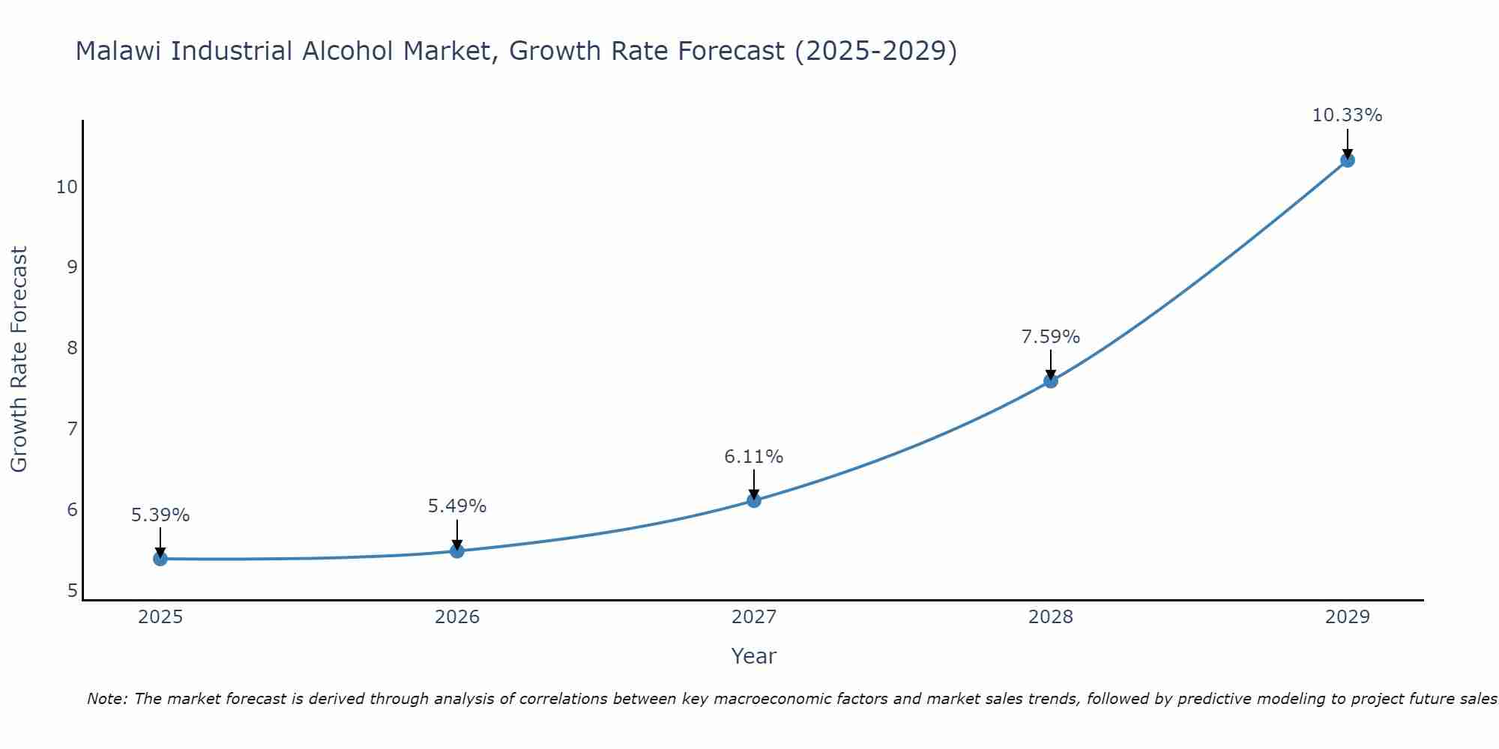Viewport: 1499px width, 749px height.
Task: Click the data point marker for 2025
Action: click(160, 559)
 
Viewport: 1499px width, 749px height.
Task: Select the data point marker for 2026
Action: click(457, 551)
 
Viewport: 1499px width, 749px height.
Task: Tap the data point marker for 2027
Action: click(754, 500)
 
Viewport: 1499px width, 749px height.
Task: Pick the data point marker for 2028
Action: click(1051, 381)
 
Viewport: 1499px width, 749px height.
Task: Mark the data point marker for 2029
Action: click(1348, 160)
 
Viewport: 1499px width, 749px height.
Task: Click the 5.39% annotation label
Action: click(160, 515)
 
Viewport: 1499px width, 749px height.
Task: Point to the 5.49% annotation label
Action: click(457, 506)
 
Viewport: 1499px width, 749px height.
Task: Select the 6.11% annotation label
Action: click(754, 457)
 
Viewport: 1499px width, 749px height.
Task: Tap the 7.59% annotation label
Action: click(1051, 337)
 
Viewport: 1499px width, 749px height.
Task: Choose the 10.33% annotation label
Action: click(1347, 115)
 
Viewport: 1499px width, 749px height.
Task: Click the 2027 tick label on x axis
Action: click(754, 617)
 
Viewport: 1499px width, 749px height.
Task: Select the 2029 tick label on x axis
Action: click(1348, 617)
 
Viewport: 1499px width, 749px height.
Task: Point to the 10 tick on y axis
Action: click(67, 187)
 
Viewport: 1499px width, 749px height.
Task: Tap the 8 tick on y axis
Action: click(72, 348)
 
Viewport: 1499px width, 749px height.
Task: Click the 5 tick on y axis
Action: click(72, 591)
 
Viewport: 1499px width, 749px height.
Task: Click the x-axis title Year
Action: click(754, 656)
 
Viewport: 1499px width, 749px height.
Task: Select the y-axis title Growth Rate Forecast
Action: click(19, 360)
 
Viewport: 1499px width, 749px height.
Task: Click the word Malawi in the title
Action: click(120, 51)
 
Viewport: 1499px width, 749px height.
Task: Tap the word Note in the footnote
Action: click(107, 699)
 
